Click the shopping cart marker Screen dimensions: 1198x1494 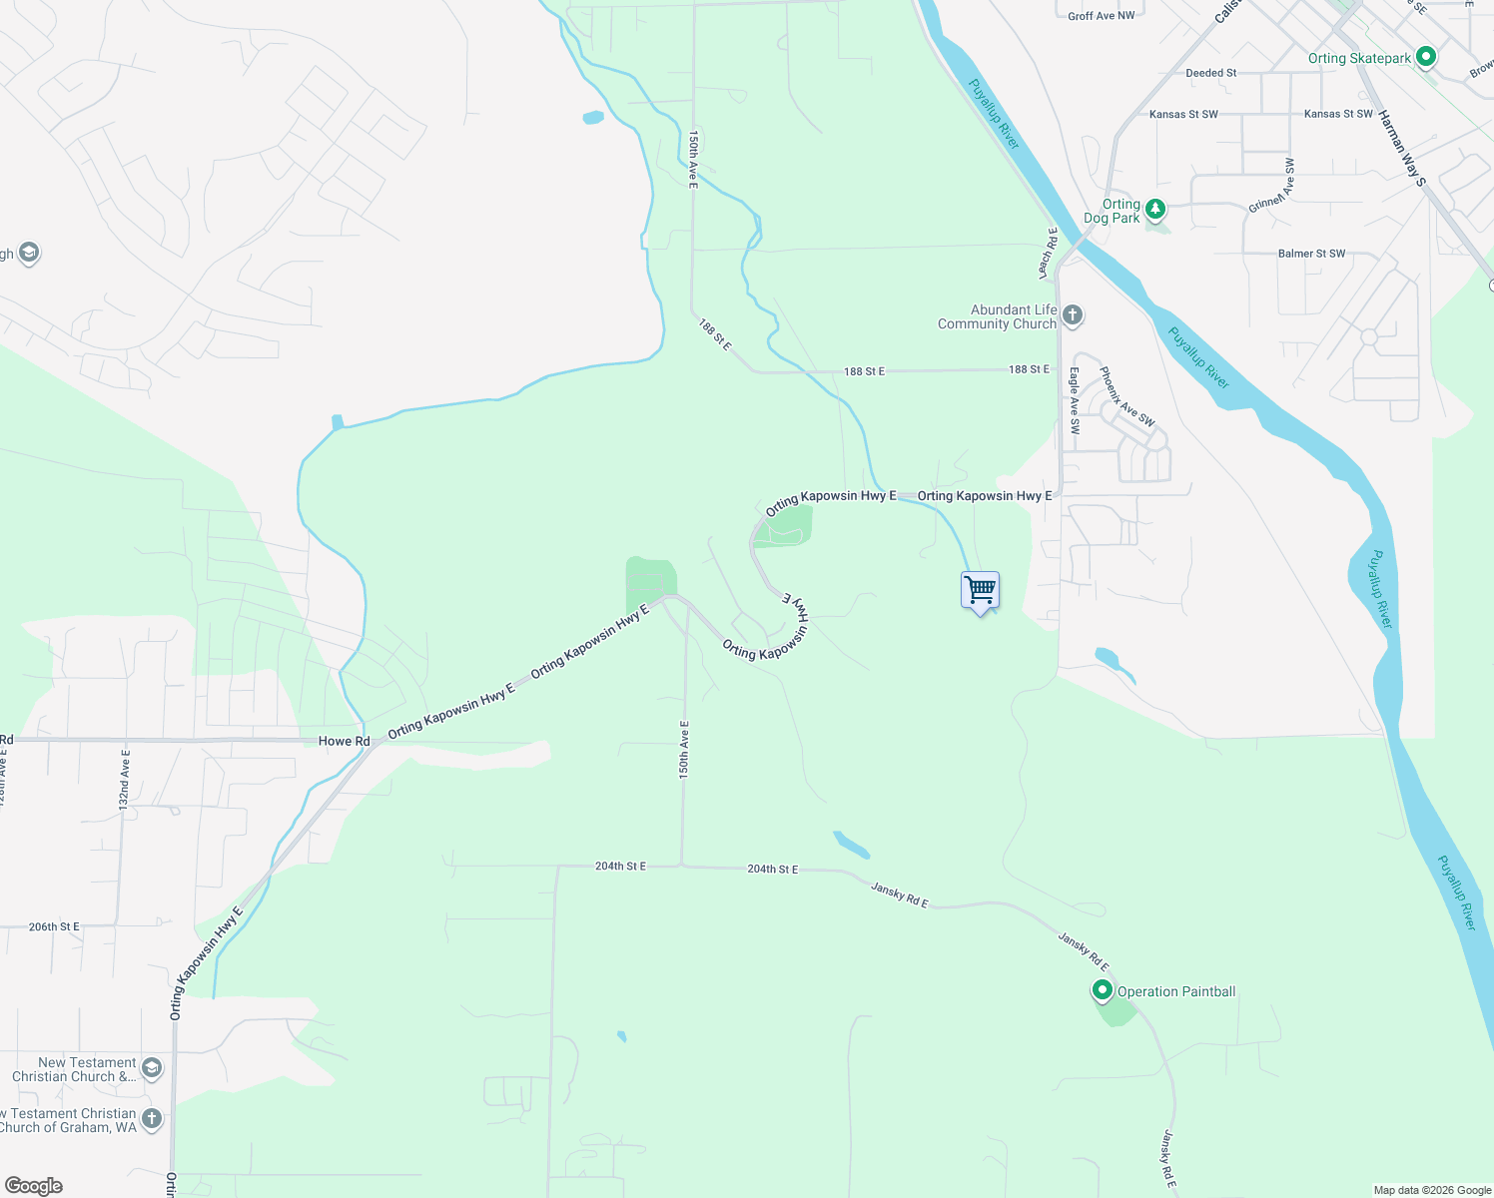point(980,590)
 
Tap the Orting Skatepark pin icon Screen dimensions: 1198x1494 point(1426,57)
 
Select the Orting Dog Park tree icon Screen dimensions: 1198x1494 point(1155,209)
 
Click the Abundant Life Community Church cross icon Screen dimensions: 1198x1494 point(1073,316)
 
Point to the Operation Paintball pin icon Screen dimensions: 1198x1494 point(1103,990)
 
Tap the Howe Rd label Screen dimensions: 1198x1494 point(344,741)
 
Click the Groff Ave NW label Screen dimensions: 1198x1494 point(1101,16)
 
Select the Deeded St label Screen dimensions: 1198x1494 point(1210,73)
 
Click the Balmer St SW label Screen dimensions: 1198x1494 point(1311,254)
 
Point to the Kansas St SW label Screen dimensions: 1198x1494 point(1183,115)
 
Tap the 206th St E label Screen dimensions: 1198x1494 point(54,926)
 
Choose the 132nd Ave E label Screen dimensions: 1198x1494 point(125,779)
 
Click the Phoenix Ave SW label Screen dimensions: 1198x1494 point(1126,397)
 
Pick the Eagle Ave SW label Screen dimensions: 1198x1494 point(1075,400)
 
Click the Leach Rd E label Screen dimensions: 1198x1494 point(1047,253)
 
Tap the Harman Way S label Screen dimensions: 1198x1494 point(1402,148)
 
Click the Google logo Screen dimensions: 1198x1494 point(34,1186)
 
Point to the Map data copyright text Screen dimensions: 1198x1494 point(1432,1190)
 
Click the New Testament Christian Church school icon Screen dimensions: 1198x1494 point(152,1069)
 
